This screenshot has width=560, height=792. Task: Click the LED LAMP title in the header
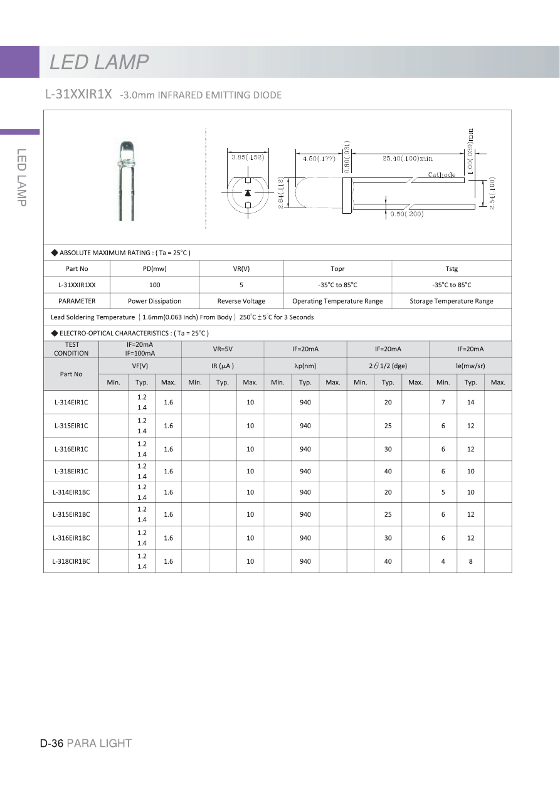99,62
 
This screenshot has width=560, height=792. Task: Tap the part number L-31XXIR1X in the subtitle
78,95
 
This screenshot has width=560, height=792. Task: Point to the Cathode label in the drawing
441,175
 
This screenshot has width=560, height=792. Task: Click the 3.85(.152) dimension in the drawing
248,157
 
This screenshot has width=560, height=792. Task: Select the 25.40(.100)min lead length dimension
408,159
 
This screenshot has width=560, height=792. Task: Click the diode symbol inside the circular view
248,193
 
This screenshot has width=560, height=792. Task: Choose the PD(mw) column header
154,268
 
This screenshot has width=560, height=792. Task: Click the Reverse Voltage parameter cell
241,301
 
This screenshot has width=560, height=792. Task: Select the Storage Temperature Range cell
451,301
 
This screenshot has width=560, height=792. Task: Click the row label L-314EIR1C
71,402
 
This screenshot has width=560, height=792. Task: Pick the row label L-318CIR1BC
71,561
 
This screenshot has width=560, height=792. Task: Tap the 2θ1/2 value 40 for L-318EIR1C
388,471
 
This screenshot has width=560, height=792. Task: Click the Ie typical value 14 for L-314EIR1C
470,402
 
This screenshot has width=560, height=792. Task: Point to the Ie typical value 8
470,561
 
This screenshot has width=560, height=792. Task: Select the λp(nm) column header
305,366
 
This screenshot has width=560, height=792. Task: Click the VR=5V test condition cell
223,349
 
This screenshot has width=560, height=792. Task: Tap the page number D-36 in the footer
51,743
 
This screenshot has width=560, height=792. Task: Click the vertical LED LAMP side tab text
21,177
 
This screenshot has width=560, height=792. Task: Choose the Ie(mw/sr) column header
470,366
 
